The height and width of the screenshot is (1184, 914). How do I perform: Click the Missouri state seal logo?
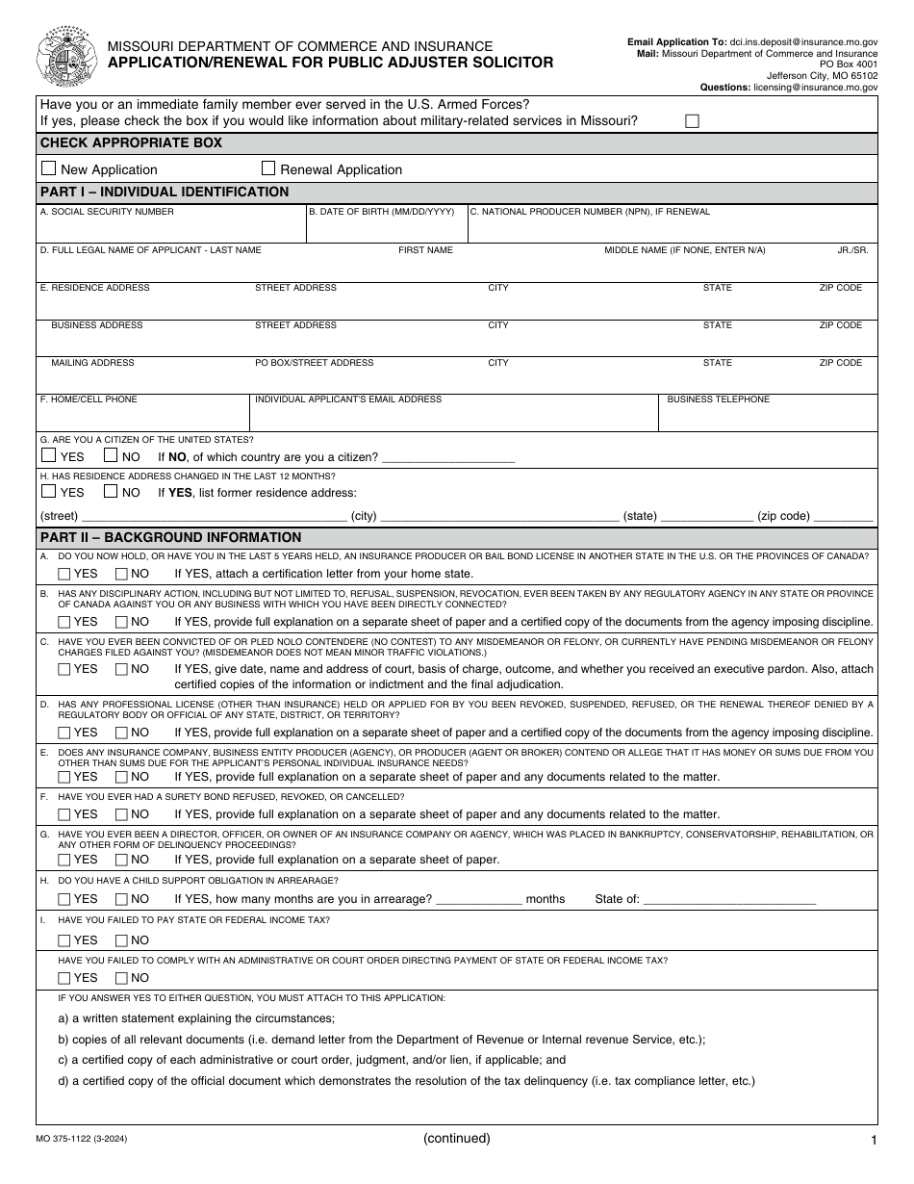[65, 57]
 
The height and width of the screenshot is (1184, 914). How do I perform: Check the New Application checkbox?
[49, 168]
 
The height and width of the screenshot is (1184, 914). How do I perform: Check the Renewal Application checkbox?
[268, 167]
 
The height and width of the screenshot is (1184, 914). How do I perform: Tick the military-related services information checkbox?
[692, 121]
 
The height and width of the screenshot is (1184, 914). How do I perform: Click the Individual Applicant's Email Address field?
[454, 418]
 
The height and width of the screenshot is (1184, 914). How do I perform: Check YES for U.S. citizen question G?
[49, 456]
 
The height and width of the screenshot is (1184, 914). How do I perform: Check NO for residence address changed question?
[111, 491]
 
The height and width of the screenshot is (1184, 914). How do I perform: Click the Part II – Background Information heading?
[170, 537]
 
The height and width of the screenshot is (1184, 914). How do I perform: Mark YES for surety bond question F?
[64, 814]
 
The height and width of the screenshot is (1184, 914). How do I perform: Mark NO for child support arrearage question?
[121, 899]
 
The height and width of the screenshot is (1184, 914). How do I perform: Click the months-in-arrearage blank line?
[479, 899]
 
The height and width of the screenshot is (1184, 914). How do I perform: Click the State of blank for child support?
[728, 899]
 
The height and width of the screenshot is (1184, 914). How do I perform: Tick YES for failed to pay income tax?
[64, 940]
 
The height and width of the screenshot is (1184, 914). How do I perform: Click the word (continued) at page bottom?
[457, 1138]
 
